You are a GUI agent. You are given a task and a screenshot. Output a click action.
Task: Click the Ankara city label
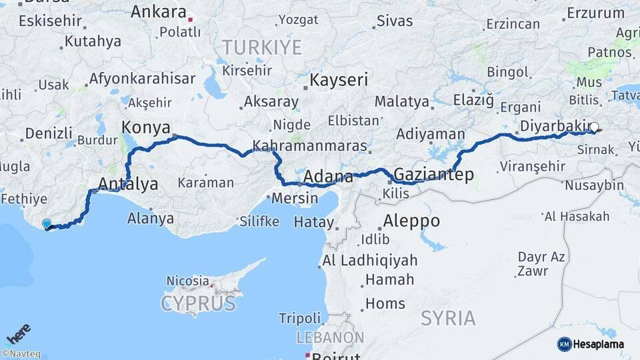click(x=159, y=12)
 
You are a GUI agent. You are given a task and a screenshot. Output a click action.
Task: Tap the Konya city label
click(x=145, y=127)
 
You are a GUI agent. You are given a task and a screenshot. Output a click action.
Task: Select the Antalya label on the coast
click(x=128, y=183)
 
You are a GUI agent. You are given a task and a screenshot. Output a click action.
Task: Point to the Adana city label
click(x=328, y=177)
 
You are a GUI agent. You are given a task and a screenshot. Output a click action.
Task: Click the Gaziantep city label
click(x=433, y=175)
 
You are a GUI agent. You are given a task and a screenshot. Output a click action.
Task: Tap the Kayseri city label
click(x=339, y=81)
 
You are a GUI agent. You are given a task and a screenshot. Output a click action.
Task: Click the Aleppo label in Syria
click(x=411, y=221)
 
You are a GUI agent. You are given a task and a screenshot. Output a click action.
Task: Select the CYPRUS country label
click(x=198, y=304)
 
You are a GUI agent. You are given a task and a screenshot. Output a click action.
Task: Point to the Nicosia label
click(x=187, y=281)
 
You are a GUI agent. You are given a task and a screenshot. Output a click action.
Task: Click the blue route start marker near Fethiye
click(x=46, y=224)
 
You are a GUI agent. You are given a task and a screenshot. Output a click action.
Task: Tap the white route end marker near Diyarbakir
click(x=594, y=127)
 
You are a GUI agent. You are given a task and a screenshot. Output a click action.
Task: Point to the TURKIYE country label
click(x=262, y=47)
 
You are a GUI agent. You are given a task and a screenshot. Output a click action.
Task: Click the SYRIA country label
click(x=448, y=318)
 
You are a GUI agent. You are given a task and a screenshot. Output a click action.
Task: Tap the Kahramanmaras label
click(x=310, y=146)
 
